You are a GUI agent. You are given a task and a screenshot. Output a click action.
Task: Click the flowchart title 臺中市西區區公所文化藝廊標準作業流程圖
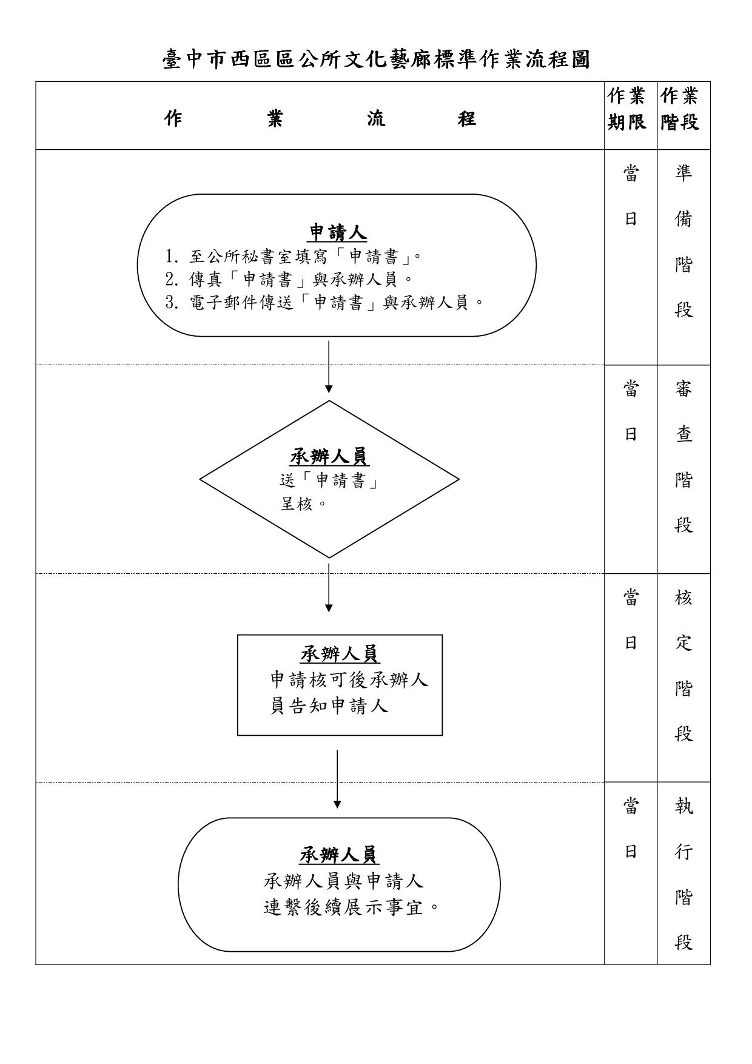pyautogui.click(x=376, y=60)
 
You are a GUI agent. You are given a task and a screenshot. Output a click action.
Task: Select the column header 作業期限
pyautogui.click(x=630, y=109)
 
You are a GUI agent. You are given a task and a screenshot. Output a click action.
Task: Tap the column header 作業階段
pyautogui.click(x=683, y=109)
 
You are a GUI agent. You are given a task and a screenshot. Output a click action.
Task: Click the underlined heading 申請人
pyautogui.click(x=338, y=232)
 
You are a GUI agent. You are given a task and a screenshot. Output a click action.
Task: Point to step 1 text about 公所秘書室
pyautogui.click(x=294, y=257)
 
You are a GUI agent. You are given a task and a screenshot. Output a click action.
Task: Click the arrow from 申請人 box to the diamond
pyautogui.click(x=329, y=367)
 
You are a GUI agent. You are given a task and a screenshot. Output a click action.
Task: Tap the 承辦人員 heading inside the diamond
pyautogui.click(x=329, y=457)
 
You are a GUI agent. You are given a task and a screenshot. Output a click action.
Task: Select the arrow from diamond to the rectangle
pyautogui.click(x=329, y=587)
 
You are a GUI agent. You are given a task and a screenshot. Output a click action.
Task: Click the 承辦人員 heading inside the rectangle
pyautogui.click(x=340, y=654)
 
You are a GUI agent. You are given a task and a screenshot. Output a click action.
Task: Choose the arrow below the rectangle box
pyautogui.click(x=337, y=779)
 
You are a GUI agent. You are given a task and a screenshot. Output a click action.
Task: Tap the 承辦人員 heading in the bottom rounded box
pyautogui.click(x=339, y=855)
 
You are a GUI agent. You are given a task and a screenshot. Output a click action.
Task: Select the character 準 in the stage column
pyautogui.click(x=683, y=173)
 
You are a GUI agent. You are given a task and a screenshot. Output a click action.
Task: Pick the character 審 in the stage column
pyautogui.click(x=683, y=388)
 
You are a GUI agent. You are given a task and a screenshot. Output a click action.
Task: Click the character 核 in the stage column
pyautogui.click(x=683, y=597)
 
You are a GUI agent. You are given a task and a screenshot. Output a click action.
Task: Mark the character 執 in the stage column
pyautogui.click(x=683, y=806)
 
